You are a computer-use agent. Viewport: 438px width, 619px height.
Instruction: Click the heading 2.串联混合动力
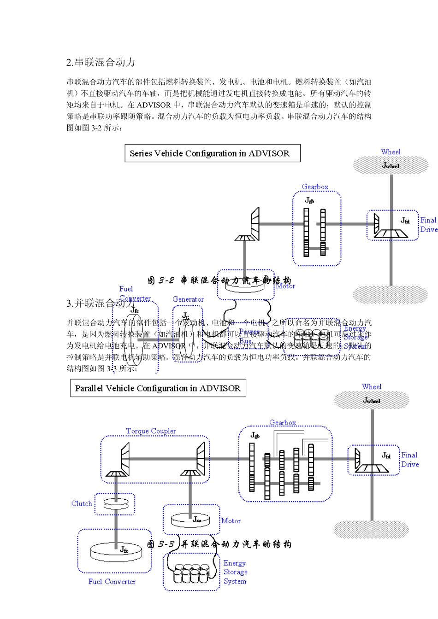101,63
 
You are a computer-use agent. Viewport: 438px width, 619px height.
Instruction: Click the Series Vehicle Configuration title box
212,153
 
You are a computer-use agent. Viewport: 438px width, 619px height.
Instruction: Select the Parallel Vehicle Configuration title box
158,388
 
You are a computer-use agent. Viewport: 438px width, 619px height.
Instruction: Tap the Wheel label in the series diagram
391,152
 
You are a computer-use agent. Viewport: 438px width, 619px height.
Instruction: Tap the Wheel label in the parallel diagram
372,387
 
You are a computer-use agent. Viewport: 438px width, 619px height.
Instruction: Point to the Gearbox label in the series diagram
315,187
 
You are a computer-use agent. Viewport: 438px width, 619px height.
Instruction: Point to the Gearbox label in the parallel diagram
283,422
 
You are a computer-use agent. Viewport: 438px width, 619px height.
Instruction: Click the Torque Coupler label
151,431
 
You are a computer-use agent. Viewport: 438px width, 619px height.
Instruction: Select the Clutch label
82,503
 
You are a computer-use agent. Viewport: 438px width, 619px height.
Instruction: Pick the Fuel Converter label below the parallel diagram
112,582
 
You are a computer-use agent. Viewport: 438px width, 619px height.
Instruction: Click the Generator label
188,299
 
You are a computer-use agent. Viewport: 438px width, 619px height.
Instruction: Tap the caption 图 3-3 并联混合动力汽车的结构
219,544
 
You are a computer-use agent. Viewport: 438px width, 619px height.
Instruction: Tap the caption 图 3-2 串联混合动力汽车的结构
219,280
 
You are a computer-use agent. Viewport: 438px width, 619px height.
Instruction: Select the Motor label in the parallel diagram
231,521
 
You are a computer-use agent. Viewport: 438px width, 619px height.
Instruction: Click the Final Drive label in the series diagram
428,225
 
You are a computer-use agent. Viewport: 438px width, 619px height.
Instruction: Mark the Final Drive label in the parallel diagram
409,460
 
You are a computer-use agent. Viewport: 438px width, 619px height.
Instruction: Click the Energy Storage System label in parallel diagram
235,572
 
